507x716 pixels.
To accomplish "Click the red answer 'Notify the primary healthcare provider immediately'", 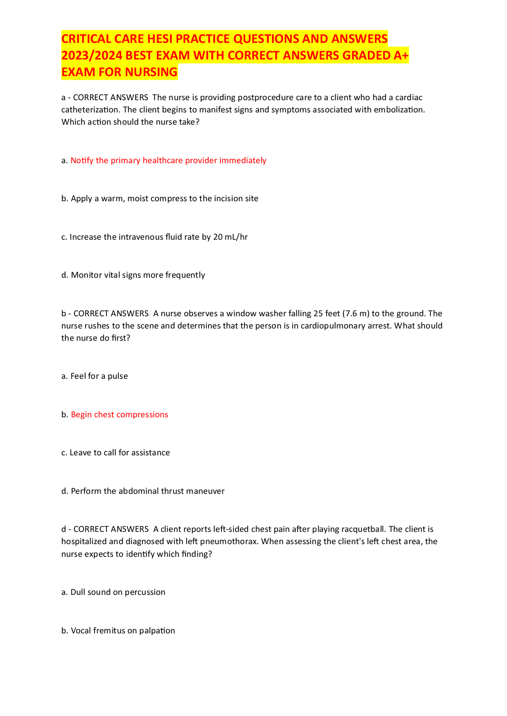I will point(168,161).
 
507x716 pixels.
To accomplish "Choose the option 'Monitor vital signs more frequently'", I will point(137,275).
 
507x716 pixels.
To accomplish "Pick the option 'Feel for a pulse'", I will point(99,376).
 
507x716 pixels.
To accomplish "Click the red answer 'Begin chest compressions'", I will point(119,415).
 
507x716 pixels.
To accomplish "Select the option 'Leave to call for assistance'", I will point(120,453).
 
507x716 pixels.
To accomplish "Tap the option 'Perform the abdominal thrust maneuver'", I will point(147,491).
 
